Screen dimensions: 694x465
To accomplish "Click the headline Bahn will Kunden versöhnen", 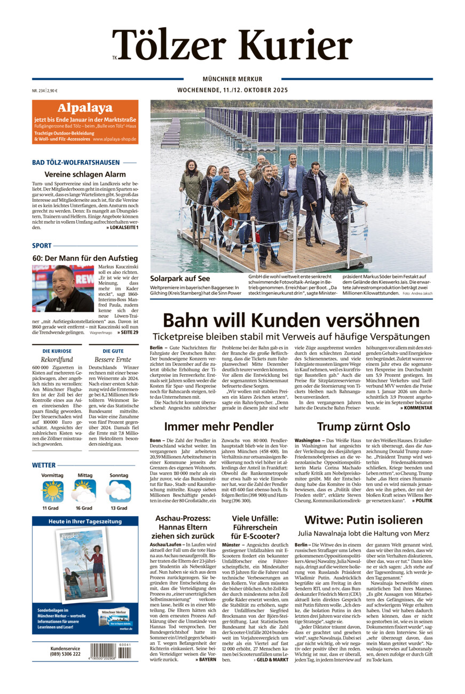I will (x=291, y=320).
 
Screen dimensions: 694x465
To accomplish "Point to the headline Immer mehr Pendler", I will (x=218, y=426).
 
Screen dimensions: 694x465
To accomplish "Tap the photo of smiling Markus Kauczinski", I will (x=62, y=289).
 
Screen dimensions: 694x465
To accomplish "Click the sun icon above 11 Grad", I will (x=52, y=491).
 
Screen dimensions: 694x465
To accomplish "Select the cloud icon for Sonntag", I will (x=119, y=491).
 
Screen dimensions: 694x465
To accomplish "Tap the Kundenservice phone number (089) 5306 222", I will (x=65, y=654).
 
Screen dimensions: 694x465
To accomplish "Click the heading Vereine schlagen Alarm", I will (x=85, y=174).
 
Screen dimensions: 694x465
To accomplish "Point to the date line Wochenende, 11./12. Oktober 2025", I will (x=232, y=90).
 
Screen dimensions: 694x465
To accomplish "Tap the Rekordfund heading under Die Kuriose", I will (x=57, y=360).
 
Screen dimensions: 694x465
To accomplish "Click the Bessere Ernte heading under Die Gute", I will (x=113, y=360).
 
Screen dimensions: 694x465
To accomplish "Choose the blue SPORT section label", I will (x=42, y=246).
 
